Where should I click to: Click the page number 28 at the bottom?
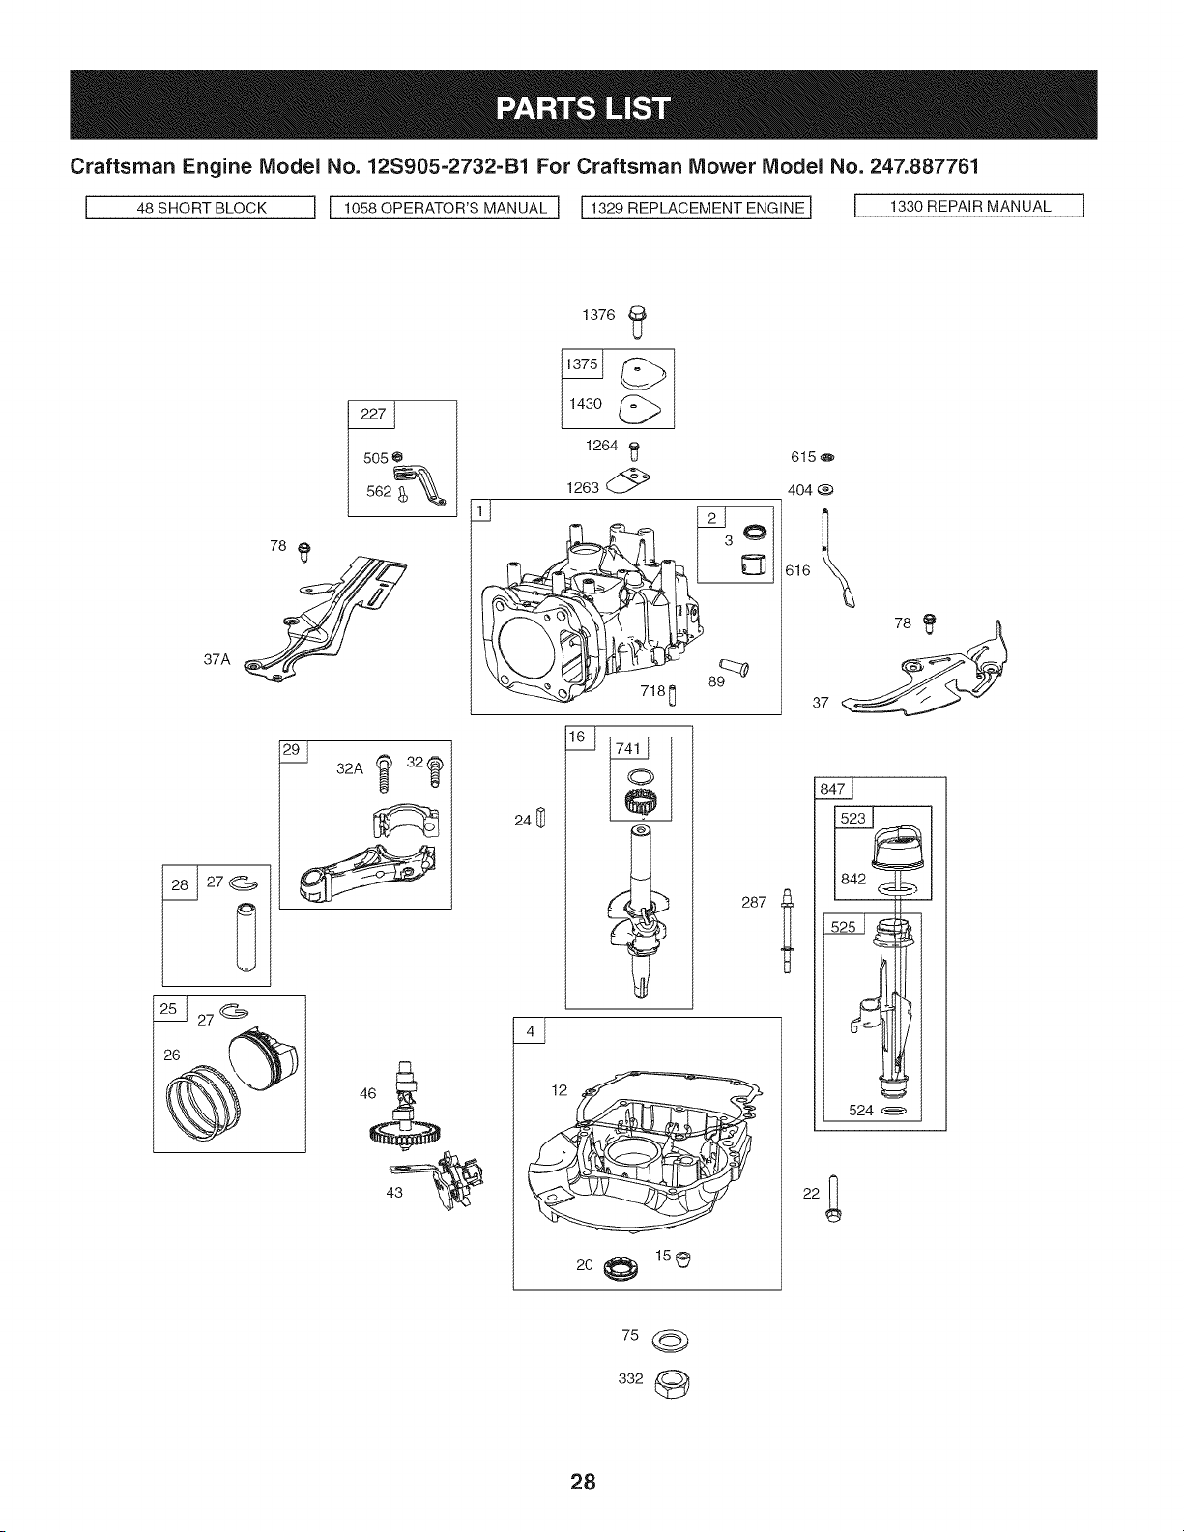584,1481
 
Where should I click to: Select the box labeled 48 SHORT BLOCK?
201,208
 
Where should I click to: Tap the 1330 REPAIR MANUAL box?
969,206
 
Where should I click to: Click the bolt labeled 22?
834,1200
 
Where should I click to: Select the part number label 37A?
217,660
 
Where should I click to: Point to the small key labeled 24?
540,818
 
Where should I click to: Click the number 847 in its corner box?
832,789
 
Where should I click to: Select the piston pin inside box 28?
246,937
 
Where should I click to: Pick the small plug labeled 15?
682,1258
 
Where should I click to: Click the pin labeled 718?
672,694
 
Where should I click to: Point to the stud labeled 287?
787,930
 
